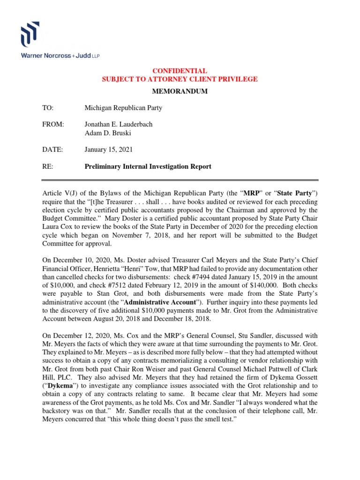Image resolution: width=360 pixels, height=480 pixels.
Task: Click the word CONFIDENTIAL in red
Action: tap(180, 71)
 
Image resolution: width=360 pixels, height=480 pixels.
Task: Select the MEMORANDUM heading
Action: tap(180, 91)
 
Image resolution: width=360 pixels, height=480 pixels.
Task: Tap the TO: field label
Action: tap(48, 108)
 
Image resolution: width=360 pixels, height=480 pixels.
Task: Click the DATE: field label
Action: tap(52, 150)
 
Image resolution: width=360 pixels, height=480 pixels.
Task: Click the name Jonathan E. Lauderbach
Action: tap(118, 125)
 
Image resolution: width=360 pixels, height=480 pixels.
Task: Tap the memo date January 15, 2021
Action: tap(108, 150)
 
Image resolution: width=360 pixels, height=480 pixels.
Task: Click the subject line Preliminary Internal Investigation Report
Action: tap(148, 166)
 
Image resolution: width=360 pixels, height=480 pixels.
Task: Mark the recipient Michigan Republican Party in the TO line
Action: tap(123, 108)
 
